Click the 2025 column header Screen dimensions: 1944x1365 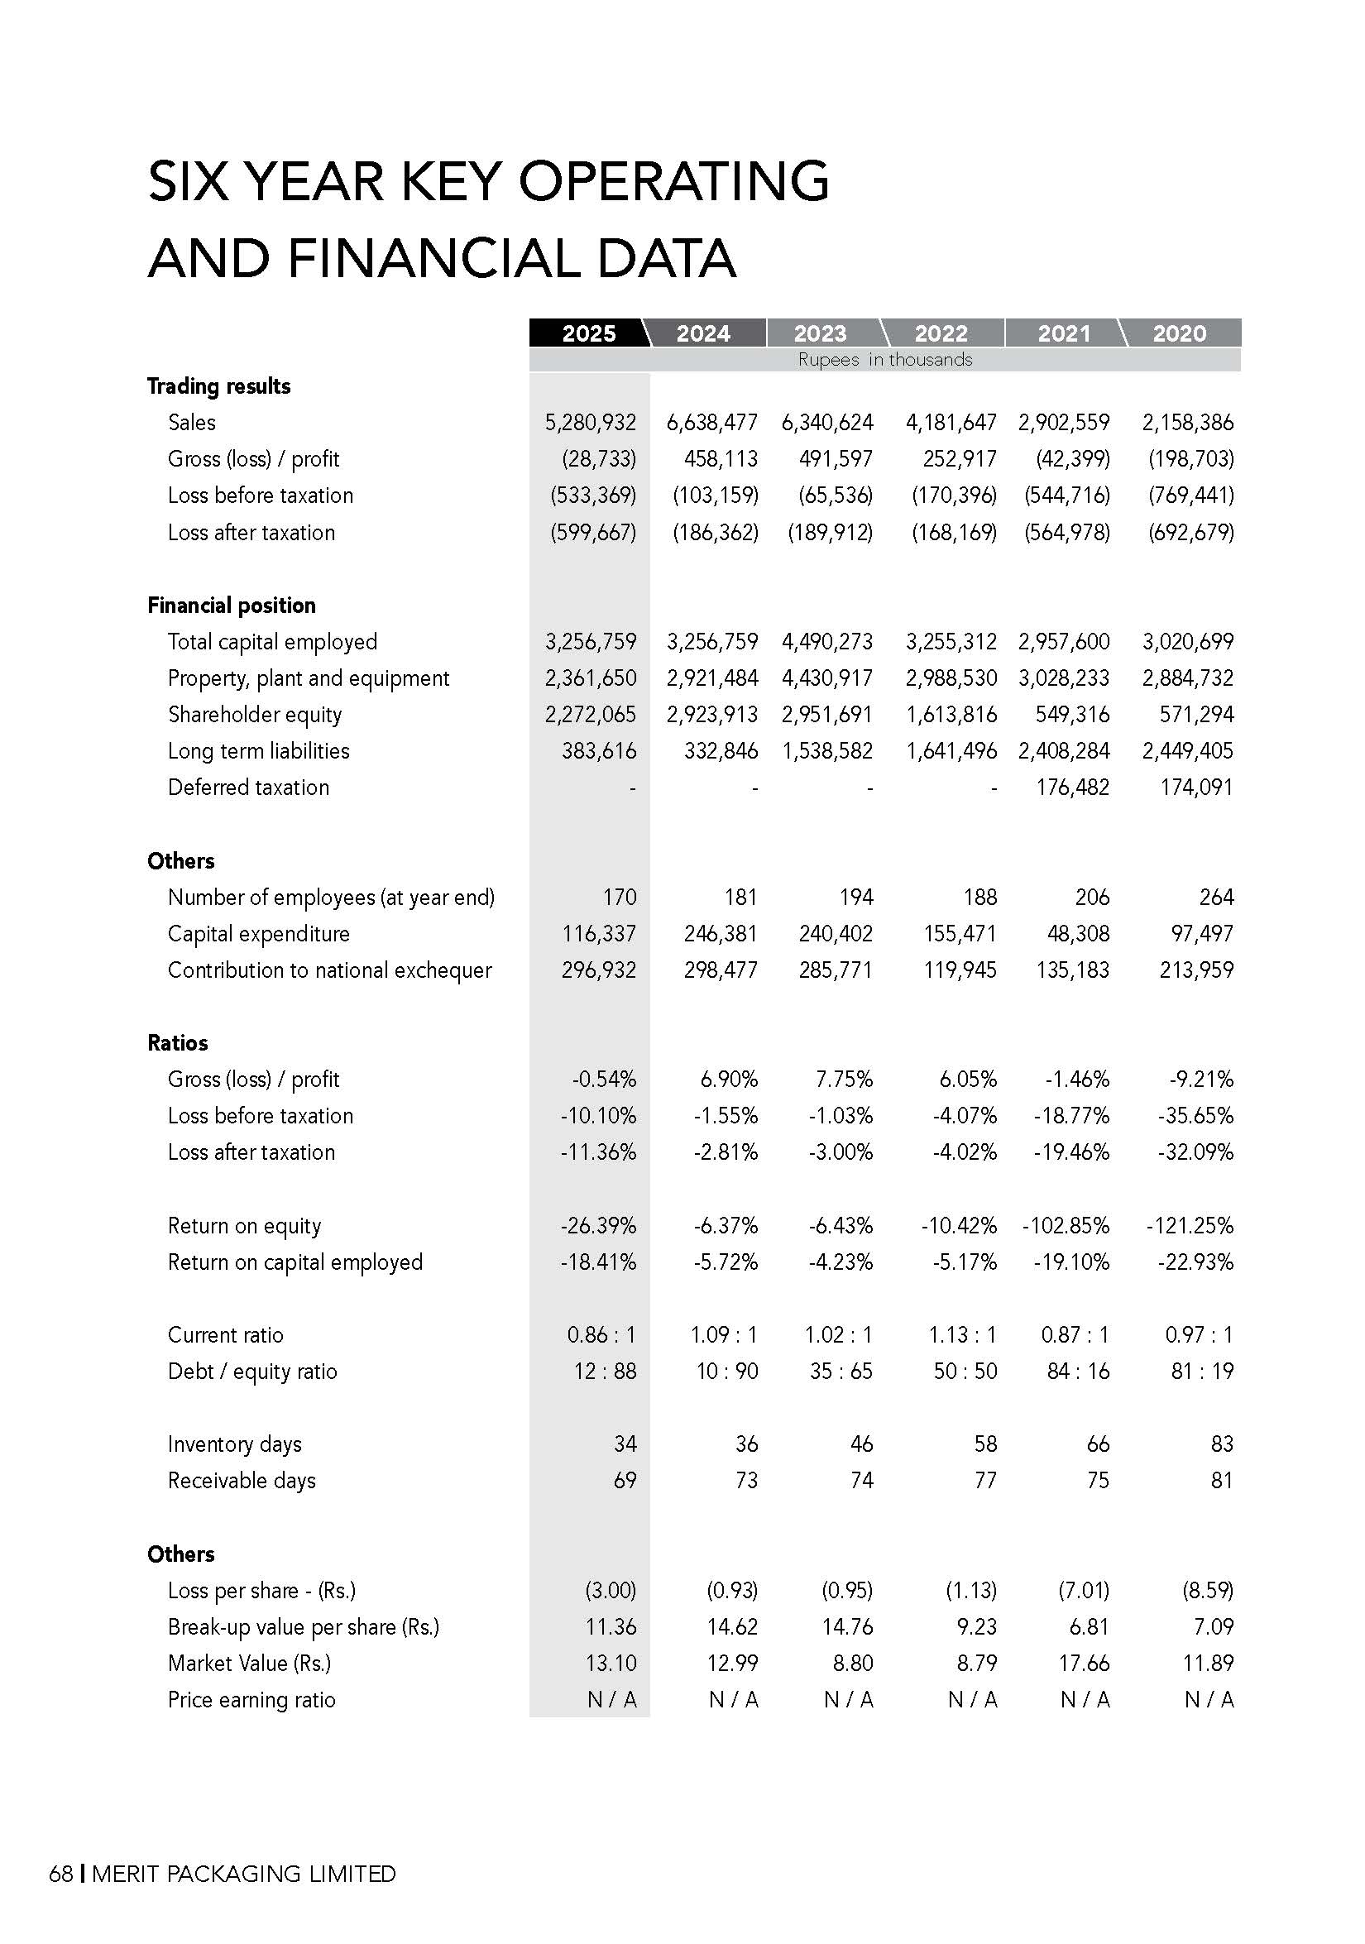point(588,333)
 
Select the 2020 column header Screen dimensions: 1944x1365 point(1179,333)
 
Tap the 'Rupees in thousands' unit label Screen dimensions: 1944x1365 point(885,360)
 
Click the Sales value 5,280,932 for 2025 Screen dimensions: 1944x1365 point(590,423)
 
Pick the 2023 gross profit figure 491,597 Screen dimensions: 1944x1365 point(836,459)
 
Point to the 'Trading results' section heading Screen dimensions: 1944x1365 point(218,386)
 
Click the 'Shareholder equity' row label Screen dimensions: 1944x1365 point(254,715)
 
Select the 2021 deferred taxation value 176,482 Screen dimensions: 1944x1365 point(1072,788)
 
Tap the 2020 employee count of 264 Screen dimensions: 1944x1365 point(1216,897)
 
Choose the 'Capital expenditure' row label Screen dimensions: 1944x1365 point(258,934)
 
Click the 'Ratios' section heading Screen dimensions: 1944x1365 point(177,1043)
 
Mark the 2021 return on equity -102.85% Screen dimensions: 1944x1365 point(1066,1226)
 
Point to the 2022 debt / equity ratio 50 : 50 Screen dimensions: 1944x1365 point(965,1372)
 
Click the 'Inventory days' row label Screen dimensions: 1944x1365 point(235,1444)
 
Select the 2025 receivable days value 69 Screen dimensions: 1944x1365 point(625,1481)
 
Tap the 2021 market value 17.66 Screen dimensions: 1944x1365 point(1083,1663)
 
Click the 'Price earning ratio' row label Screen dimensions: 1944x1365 point(251,1700)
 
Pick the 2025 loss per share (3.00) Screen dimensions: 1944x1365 point(611,1590)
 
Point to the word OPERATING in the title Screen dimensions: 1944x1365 point(673,181)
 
